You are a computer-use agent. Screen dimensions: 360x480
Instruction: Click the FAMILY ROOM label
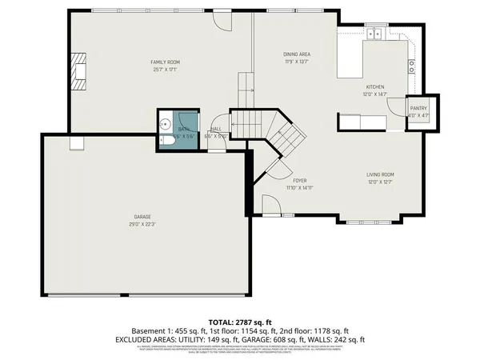166,62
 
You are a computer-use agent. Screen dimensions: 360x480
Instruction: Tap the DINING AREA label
296,54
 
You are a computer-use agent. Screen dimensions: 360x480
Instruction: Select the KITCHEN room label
376,86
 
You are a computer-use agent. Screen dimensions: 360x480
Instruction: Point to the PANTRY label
418,107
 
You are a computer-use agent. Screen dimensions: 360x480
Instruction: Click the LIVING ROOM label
381,174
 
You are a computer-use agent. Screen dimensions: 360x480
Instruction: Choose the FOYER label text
300,182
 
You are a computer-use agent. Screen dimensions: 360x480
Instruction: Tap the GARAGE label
142,218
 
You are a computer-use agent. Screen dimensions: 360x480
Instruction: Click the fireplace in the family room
78,73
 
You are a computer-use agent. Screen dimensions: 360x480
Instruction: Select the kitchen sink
374,34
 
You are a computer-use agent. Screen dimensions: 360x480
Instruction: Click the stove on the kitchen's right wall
412,68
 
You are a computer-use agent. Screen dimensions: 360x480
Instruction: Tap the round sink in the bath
162,124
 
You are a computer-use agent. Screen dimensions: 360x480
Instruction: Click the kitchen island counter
350,59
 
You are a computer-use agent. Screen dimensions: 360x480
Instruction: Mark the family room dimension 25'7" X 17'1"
166,69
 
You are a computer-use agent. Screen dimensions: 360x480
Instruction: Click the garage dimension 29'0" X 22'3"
142,225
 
